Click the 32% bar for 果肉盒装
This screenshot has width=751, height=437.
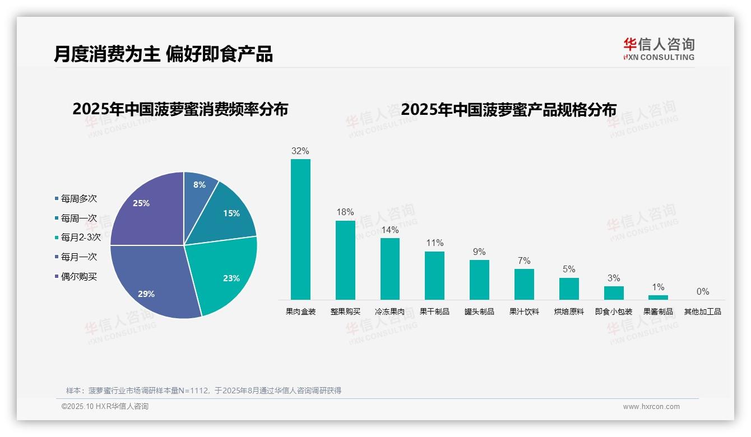coord(300,229)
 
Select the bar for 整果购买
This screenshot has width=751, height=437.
coord(345,260)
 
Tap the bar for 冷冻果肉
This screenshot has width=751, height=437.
coord(390,269)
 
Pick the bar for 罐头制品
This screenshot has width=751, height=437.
coord(479,280)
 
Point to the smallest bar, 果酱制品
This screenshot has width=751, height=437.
coord(659,297)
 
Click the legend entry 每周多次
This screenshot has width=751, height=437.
coord(78,198)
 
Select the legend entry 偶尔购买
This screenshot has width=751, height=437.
coord(78,277)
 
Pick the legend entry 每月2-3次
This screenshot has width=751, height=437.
coord(80,238)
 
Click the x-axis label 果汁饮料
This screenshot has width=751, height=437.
coord(524,312)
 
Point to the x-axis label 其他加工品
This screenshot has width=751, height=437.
coord(702,312)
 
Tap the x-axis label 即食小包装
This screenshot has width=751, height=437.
coord(614,312)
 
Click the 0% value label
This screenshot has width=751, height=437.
coord(703,291)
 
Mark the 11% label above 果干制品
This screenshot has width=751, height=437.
coord(434,243)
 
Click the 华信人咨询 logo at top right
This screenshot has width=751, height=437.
coord(659,49)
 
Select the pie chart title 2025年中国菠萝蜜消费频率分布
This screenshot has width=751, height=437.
coord(180,109)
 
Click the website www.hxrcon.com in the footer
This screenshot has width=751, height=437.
coord(651,407)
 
